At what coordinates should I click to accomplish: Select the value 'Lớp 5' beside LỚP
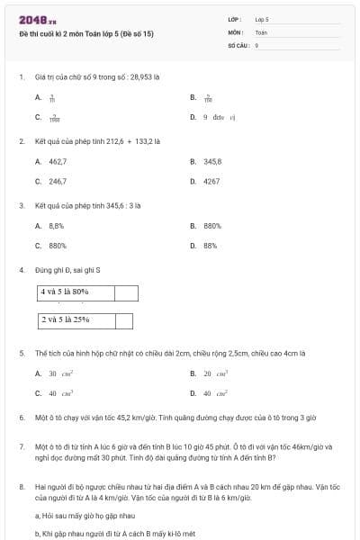(x=262, y=18)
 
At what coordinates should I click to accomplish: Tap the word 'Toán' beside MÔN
(x=261, y=31)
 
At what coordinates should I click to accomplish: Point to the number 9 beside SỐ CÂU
(x=257, y=44)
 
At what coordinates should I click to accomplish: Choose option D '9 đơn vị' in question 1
(x=219, y=117)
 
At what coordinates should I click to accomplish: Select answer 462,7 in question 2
(x=58, y=161)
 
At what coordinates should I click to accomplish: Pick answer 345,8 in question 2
(x=212, y=161)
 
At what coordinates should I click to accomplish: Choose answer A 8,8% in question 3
(x=56, y=226)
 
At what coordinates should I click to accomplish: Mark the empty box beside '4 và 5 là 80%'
(x=127, y=292)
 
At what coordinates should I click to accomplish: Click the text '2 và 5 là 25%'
(x=65, y=320)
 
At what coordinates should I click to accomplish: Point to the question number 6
(x=22, y=418)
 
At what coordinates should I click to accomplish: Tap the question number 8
(x=22, y=487)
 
